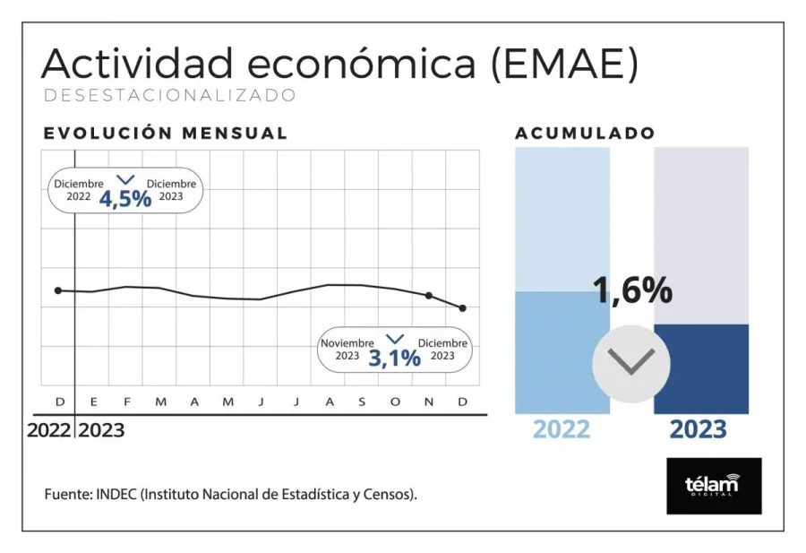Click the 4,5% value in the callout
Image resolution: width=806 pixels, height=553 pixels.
pyautogui.click(x=125, y=198)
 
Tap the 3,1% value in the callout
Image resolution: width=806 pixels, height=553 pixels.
pyautogui.click(x=394, y=358)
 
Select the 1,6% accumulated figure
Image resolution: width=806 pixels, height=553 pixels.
pyautogui.click(x=632, y=290)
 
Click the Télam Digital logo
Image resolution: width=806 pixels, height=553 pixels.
pyautogui.click(x=714, y=486)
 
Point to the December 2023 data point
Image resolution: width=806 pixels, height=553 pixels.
pyautogui.click(x=463, y=308)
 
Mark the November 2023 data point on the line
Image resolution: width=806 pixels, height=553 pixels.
pyautogui.click(x=429, y=295)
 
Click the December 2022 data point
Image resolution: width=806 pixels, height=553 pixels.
pyautogui.click(x=58, y=290)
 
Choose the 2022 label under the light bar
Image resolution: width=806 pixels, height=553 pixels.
pyautogui.click(x=562, y=429)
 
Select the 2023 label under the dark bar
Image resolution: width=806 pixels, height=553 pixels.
pyautogui.click(x=699, y=429)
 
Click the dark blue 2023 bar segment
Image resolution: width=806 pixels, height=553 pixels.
pyautogui.click(x=701, y=368)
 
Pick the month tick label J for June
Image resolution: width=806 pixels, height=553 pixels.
pyautogui.click(x=262, y=402)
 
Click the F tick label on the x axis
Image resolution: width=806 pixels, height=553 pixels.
pyautogui.click(x=126, y=402)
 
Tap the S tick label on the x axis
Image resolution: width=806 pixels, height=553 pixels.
pyautogui.click(x=362, y=402)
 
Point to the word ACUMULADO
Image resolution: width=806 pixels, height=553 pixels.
pyautogui.click(x=585, y=134)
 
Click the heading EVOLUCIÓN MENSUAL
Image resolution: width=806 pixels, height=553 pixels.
pyautogui.click(x=166, y=134)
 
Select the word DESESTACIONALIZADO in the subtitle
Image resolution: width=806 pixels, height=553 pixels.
pyautogui.click(x=169, y=94)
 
